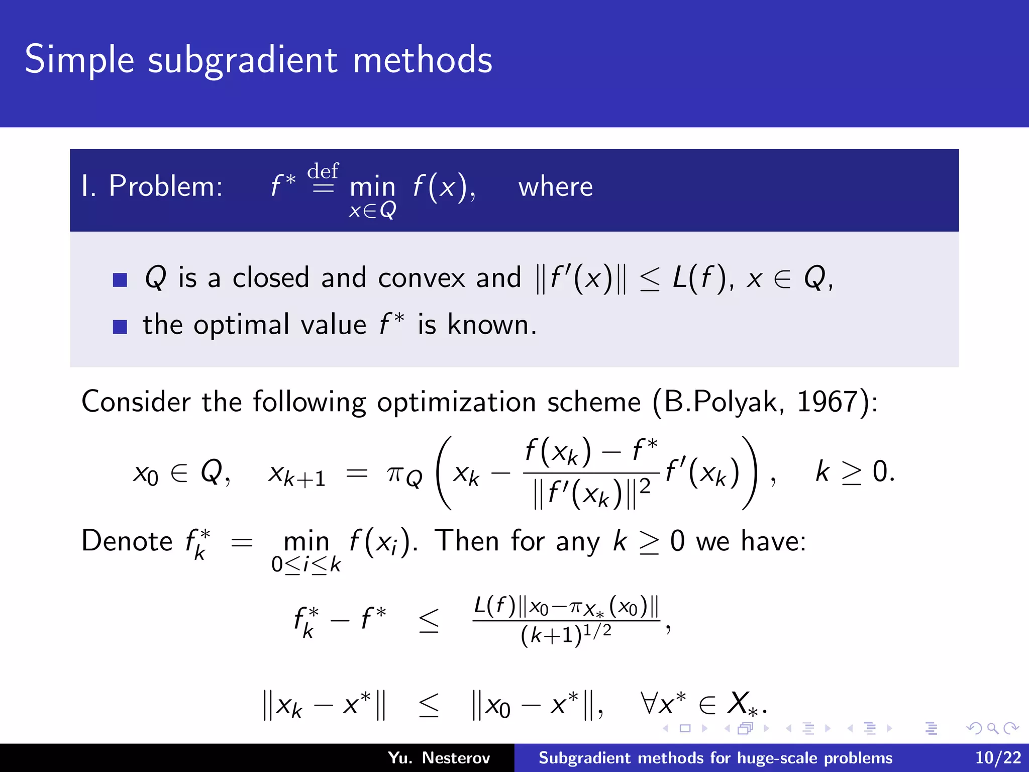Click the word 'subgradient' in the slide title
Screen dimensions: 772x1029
click(x=243, y=60)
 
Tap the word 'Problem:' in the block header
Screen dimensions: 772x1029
click(x=165, y=186)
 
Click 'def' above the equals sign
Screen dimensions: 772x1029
click(x=323, y=171)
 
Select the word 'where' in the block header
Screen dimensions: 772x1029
click(x=555, y=187)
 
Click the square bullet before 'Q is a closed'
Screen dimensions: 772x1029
click(x=120, y=279)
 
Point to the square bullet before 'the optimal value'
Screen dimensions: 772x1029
click(x=120, y=327)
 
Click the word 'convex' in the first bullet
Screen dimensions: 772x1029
click(x=422, y=278)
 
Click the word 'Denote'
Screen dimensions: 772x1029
click(x=127, y=541)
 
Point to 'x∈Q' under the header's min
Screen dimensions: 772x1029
click(x=372, y=210)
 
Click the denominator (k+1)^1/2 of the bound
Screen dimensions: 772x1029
click(x=566, y=635)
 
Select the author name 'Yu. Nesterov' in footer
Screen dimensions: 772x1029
click(x=439, y=758)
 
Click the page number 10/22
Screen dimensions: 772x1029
click(x=998, y=758)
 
